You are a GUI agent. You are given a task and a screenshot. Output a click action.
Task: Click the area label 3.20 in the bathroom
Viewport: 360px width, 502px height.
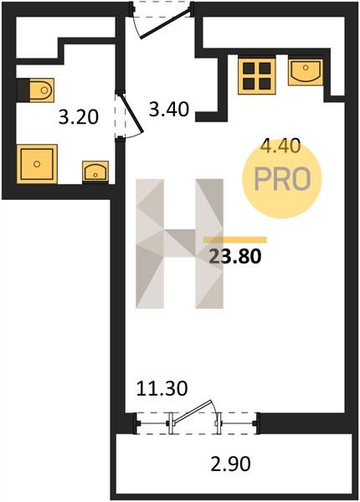(79, 117)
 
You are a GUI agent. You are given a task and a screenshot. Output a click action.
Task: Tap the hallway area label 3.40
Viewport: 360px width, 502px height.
(169, 109)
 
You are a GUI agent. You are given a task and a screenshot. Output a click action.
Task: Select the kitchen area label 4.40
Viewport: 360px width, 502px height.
(280, 146)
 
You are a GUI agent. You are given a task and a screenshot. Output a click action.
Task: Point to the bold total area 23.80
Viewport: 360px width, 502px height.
(234, 256)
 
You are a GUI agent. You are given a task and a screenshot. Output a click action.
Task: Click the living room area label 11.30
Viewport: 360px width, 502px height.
(162, 389)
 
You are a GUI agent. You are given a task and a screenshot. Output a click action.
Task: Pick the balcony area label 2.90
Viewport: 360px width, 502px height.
(230, 464)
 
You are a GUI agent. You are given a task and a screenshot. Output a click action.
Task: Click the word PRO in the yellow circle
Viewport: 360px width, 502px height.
(282, 179)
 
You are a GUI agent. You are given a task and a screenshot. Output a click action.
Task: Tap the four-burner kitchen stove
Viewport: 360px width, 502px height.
(257, 75)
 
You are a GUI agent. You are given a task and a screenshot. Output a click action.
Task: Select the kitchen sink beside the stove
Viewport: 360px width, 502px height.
(306, 72)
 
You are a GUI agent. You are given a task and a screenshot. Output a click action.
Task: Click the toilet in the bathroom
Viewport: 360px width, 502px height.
(42, 90)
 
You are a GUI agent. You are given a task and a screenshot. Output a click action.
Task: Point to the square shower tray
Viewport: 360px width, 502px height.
(37, 164)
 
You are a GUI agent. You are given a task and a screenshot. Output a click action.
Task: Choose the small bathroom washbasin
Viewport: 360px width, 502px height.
(95, 172)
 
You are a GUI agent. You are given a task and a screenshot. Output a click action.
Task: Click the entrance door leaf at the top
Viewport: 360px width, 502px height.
(165, 24)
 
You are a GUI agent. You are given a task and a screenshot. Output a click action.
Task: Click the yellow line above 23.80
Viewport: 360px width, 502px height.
(235, 240)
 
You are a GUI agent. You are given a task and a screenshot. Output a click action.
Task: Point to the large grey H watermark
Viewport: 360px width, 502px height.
(179, 243)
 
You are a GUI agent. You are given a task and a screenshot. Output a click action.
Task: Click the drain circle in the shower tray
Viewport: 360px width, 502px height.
(37, 164)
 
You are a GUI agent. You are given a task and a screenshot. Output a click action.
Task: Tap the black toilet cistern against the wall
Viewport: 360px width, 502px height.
(23, 90)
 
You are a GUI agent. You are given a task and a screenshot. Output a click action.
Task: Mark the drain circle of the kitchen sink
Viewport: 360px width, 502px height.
(306, 68)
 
